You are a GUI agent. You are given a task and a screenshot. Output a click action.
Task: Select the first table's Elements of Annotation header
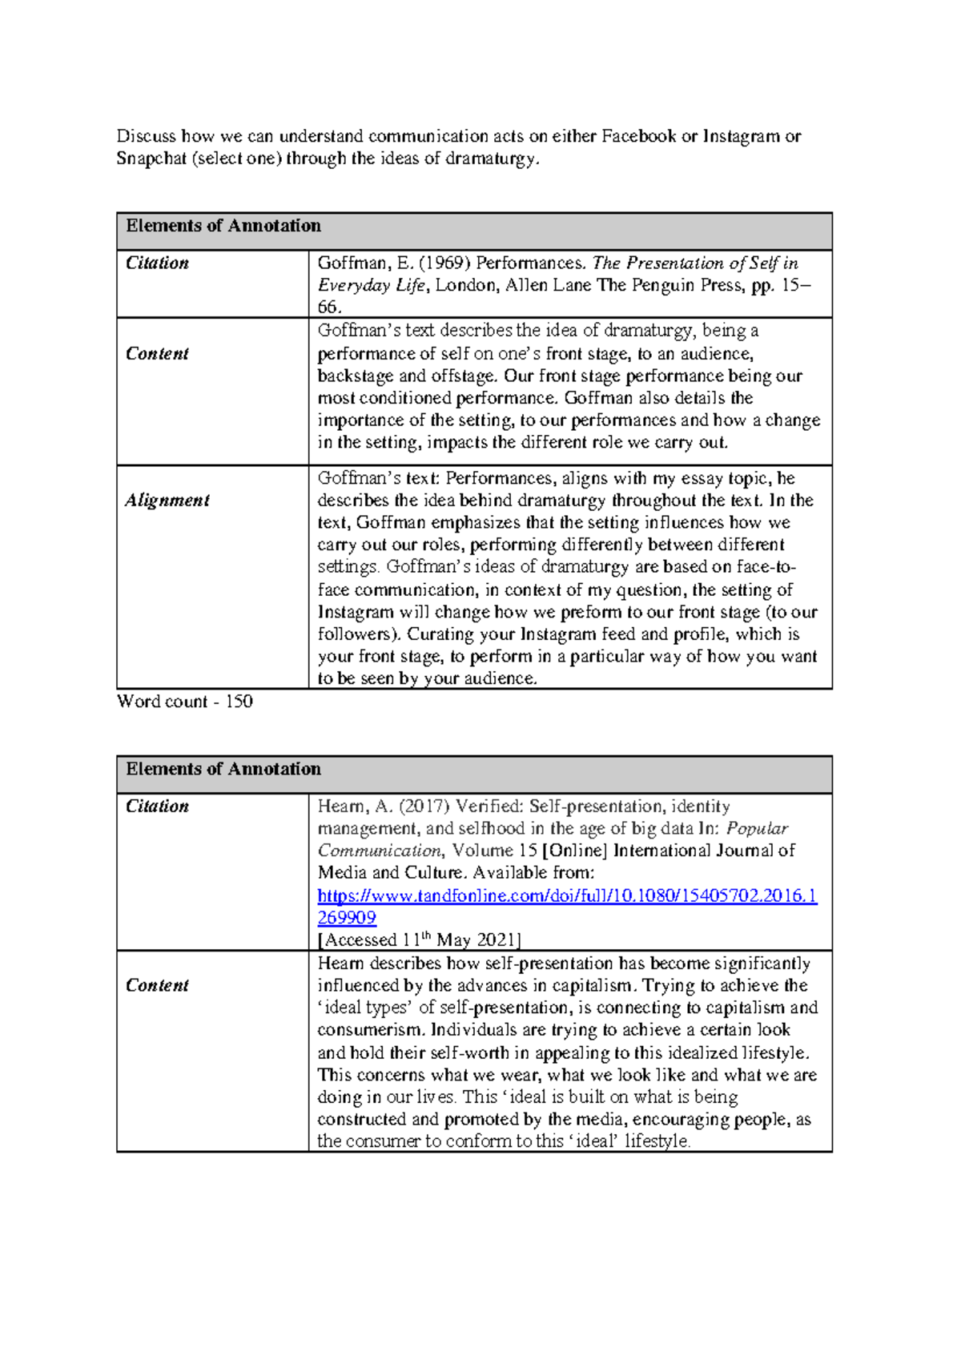click(x=223, y=226)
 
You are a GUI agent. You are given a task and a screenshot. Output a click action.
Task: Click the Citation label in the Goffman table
click(x=157, y=264)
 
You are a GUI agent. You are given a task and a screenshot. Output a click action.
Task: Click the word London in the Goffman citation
click(x=468, y=285)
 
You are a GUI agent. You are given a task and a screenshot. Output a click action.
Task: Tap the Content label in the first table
click(x=157, y=354)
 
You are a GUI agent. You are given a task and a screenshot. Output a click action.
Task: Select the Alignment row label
click(x=167, y=501)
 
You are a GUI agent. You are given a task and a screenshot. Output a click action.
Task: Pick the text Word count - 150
click(x=185, y=702)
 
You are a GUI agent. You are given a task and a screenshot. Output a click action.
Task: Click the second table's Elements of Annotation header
click(x=223, y=769)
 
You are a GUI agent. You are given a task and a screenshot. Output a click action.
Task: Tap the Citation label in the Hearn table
click(x=157, y=807)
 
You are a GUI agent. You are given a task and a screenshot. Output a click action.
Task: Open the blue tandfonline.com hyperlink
click(x=567, y=896)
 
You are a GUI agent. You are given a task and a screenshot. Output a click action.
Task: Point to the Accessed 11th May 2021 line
click(x=419, y=940)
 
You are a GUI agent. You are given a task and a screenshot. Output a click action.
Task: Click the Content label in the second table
click(x=157, y=986)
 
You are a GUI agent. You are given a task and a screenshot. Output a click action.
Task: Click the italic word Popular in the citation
click(x=757, y=829)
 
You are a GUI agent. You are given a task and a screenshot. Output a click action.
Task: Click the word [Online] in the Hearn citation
click(x=575, y=851)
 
